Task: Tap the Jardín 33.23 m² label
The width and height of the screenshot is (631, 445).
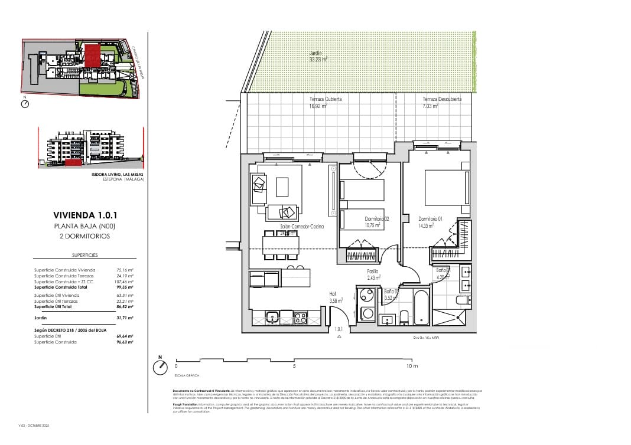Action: [x=318, y=56]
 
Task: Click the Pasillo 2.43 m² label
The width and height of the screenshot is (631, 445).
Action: [x=373, y=274]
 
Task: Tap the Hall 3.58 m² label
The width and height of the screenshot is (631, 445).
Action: [x=336, y=297]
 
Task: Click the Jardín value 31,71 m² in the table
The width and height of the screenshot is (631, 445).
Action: [x=125, y=317]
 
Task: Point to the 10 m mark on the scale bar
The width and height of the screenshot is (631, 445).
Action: [x=412, y=367]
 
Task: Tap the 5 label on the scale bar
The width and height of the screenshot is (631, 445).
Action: [x=294, y=367]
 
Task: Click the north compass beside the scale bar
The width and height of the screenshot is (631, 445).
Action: [x=160, y=367]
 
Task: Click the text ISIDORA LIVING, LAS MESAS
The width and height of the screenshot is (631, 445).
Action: [x=117, y=175]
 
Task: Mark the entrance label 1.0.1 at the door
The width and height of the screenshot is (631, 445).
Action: [x=339, y=329]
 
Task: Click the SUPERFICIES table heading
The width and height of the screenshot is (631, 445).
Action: [x=84, y=255]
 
